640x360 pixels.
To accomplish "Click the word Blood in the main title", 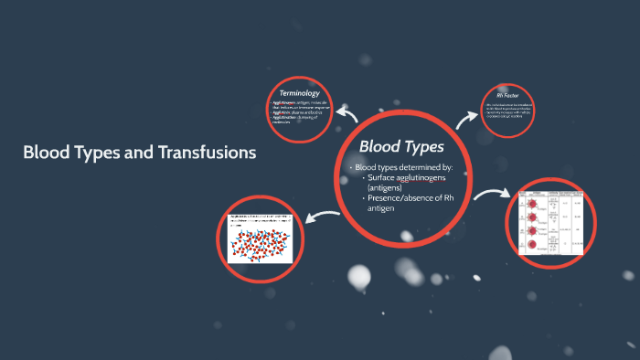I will [x=44, y=153].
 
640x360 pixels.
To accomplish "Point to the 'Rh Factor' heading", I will [x=507, y=95].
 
